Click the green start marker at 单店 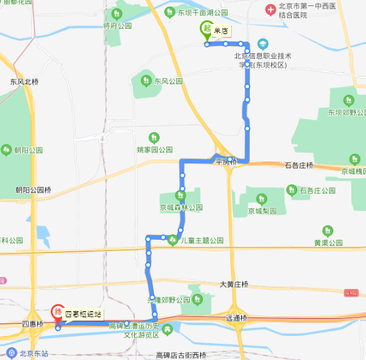(206, 29)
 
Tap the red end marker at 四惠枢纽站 (57, 311)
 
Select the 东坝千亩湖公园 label (202, 12)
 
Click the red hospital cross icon (270, 9)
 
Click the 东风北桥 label (24, 81)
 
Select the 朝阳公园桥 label (33, 190)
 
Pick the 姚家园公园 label (154, 150)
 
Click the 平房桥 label (226, 162)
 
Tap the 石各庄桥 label (298, 164)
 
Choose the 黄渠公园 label (328, 242)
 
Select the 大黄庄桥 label (234, 285)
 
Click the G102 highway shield (351, 293)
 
